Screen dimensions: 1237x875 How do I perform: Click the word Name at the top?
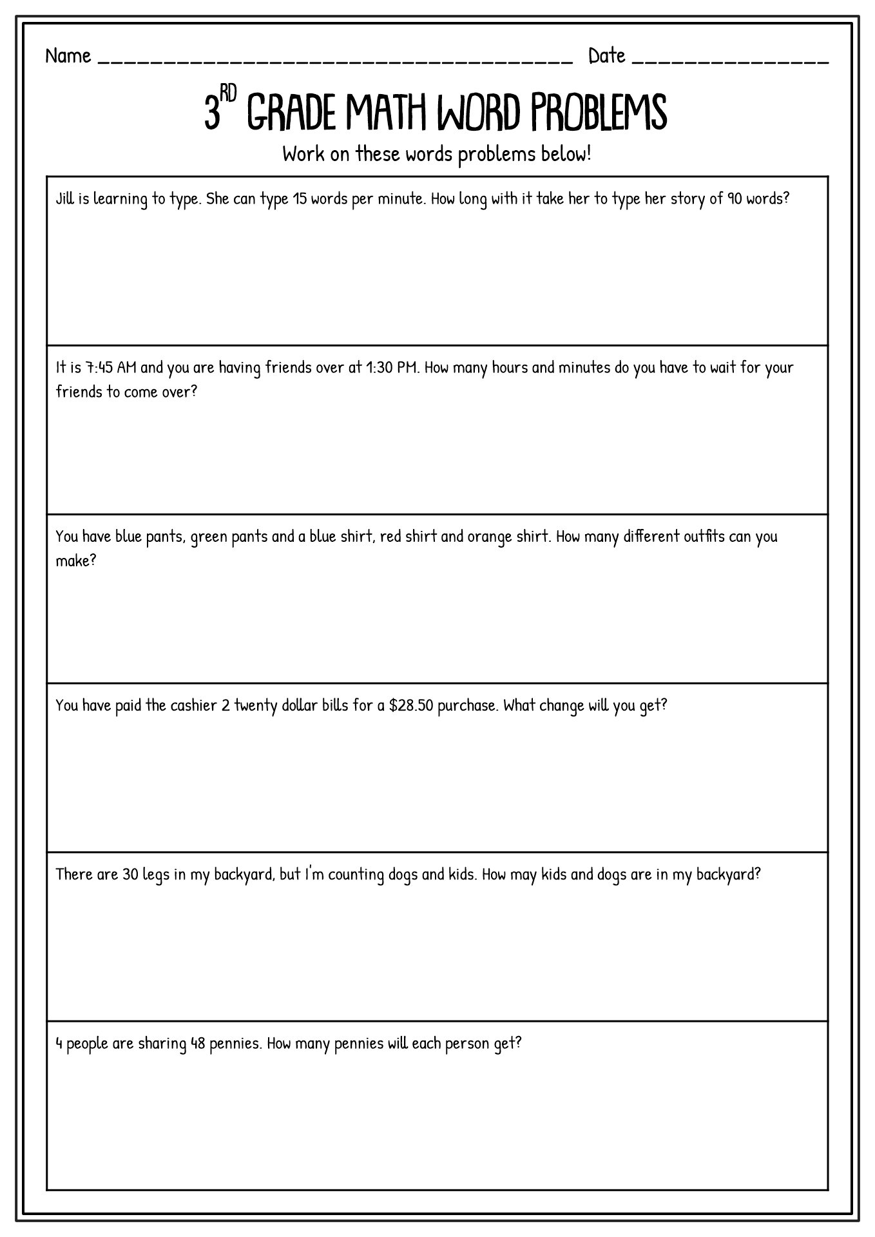68,57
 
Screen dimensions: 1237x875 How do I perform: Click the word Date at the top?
606,57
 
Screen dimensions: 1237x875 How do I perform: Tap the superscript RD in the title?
229,94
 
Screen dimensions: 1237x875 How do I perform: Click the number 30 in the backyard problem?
130,874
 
